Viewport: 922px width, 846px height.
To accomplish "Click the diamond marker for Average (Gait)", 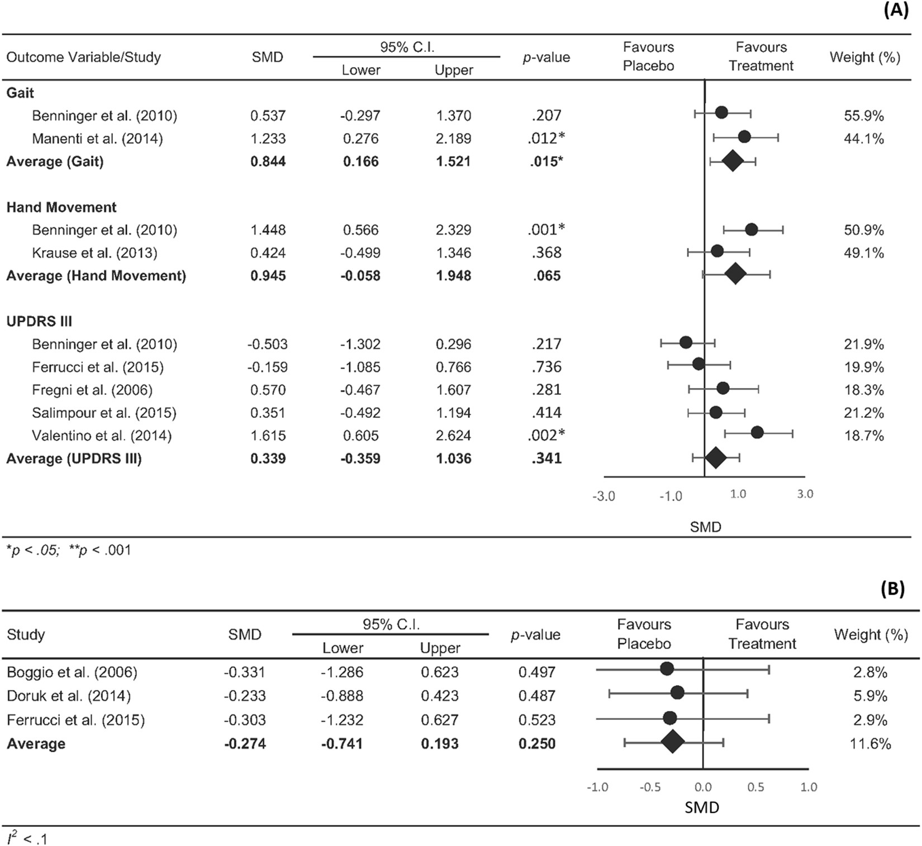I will coord(733,162).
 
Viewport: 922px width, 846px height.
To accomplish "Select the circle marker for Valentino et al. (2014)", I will coord(757,432).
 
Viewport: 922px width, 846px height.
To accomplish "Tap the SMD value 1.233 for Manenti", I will coord(268,138).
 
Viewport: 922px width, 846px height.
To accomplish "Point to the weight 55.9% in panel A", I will coord(863,116).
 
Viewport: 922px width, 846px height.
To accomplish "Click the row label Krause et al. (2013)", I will coord(94,253).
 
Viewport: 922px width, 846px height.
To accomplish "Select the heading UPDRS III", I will coord(39,322).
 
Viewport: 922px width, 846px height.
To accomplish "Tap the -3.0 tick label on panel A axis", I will coord(603,496).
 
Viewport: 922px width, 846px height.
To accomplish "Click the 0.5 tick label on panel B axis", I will coord(755,787).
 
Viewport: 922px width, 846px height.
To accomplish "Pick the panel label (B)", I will coord(892,589).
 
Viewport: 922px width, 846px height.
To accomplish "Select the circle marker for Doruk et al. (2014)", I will coord(677,693).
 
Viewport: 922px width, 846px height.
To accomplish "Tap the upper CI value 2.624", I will coord(453,436).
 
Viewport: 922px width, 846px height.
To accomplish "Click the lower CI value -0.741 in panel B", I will coord(341,744).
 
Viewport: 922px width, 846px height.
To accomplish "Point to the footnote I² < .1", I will coord(27,838).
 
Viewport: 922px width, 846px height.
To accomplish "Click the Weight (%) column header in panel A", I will coord(864,57).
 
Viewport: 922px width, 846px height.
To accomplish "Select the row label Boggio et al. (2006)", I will coord(72,672).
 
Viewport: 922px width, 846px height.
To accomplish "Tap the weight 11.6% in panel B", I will coord(870,744).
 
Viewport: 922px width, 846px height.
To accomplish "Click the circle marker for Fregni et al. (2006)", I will coord(723,388).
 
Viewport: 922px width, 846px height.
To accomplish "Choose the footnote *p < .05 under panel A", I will coord(32,551).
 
